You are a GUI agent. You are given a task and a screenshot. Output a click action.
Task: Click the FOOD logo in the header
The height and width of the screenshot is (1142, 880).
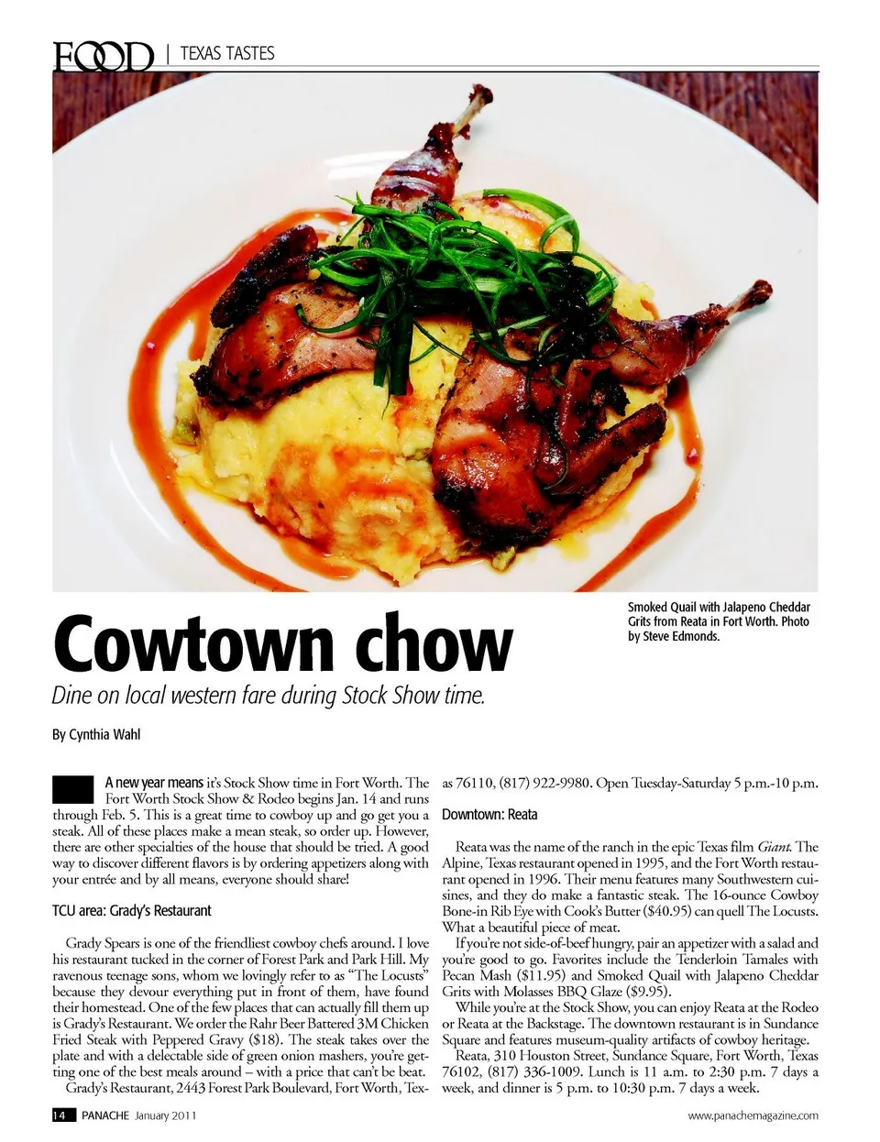click(102, 56)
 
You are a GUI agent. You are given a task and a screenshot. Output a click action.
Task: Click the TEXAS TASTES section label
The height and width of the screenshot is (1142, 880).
click(226, 54)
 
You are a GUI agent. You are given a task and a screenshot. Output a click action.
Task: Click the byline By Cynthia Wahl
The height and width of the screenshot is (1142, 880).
click(96, 734)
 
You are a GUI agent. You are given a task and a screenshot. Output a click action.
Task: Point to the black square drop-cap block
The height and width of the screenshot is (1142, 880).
click(73, 789)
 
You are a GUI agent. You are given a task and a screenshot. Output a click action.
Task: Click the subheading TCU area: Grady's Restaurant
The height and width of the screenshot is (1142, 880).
click(132, 910)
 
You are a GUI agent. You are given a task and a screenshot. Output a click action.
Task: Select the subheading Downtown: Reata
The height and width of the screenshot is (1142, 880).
click(489, 815)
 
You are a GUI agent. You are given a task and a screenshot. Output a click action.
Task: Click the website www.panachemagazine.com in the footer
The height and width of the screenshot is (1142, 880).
click(753, 1115)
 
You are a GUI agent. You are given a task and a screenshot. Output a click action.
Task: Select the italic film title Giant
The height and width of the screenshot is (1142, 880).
click(774, 847)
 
